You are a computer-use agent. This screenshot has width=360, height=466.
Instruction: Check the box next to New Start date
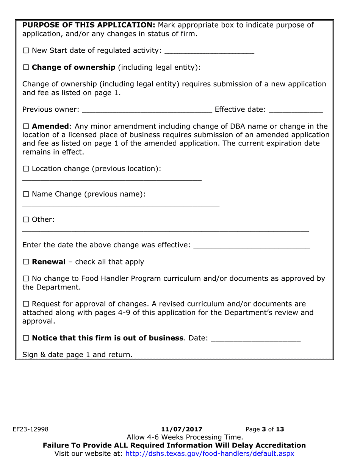pyautogui.click(x=26, y=50)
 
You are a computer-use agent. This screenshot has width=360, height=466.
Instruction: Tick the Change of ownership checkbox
pyautogui.click(x=26, y=68)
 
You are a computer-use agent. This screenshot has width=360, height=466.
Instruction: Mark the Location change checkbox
pyautogui.click(x=26, y=169)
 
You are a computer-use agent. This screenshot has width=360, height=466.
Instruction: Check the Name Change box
pyautogui.click(x=26, y=194)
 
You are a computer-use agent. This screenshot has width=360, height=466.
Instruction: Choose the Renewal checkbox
pyautogui.click(x=26, y=262)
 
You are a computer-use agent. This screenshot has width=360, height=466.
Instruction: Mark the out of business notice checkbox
pyautogui.click(x=26, y=338)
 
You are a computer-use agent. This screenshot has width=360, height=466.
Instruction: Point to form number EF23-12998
pyautogui.click(x=31, y=429)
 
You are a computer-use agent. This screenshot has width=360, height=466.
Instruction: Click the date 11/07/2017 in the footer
pyautogui.click(x=182, y=429)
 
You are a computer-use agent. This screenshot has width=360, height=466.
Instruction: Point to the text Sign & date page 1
pyautogui.click(x=77, y=355)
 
